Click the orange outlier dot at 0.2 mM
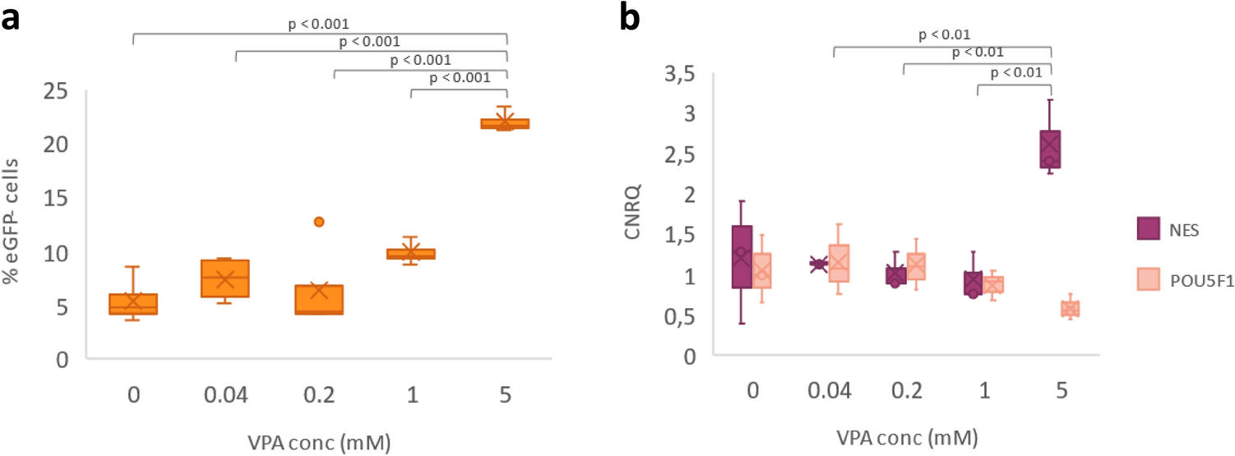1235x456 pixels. (x=319, y=222)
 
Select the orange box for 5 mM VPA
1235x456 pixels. (x=505, y=124)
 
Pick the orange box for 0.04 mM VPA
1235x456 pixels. (x=225, y=279)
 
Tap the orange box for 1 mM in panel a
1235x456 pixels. (x=411, y=254)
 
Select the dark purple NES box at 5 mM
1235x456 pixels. (x=1050, y=149)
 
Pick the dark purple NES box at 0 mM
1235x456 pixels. (x=742, y=256)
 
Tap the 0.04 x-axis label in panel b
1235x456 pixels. (x=834, y=393)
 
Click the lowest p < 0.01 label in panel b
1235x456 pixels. (x=1015, y=73)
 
